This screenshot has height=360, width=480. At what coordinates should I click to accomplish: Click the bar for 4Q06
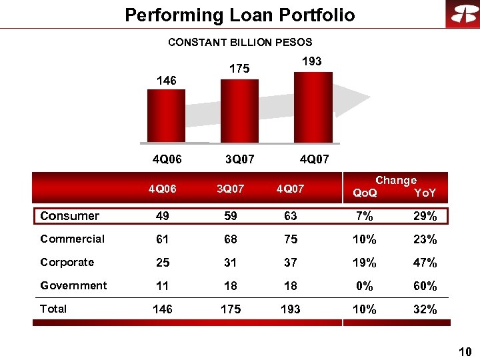click(x=162, y=116)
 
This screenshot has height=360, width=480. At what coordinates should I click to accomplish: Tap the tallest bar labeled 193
click(x=313, y=106)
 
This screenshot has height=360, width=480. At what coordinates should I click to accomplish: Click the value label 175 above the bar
click(x=239, y=69)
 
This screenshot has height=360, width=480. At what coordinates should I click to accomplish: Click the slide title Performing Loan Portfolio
click(x=240, y=15)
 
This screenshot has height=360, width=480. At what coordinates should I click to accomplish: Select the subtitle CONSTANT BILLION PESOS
click(x=240, y=42)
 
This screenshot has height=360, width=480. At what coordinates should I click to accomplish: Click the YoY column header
click(x=425, y=193)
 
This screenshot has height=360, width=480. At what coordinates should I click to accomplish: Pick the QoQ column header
click(x=365, y=193)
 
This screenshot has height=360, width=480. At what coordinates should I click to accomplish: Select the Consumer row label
click(x=69, y=216)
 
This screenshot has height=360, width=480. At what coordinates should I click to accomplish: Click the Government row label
click(x=73, y=285)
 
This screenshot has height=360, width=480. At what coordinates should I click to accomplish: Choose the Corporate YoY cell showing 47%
click(x=425, y=263)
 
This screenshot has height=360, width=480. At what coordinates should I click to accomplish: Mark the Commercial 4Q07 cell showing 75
click(x=290, y=239)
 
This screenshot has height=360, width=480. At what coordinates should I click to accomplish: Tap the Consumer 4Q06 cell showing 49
click(x=162, y=216)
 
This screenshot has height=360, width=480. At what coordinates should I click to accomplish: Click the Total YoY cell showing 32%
click(x=425, y=309)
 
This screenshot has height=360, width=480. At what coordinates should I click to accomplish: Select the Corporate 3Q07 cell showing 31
click(x=231, y=263)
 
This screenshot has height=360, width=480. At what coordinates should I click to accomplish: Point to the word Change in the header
click(x=396, y=180)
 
